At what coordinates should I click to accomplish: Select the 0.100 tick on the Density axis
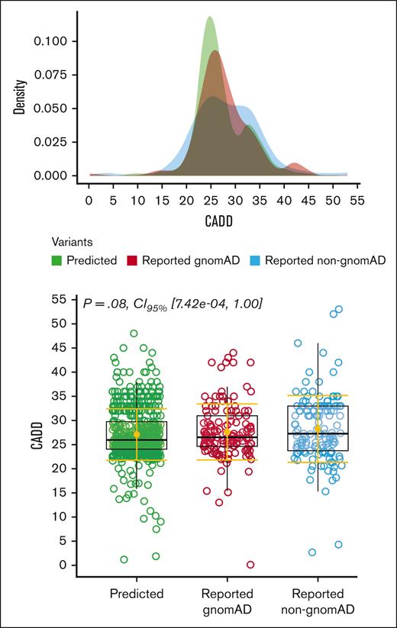tap(53, 40)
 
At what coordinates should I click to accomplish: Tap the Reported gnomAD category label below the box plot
tap(227, 601)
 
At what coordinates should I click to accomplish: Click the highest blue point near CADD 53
tap(339, 309)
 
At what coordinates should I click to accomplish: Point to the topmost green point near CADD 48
tap(134, 333)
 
